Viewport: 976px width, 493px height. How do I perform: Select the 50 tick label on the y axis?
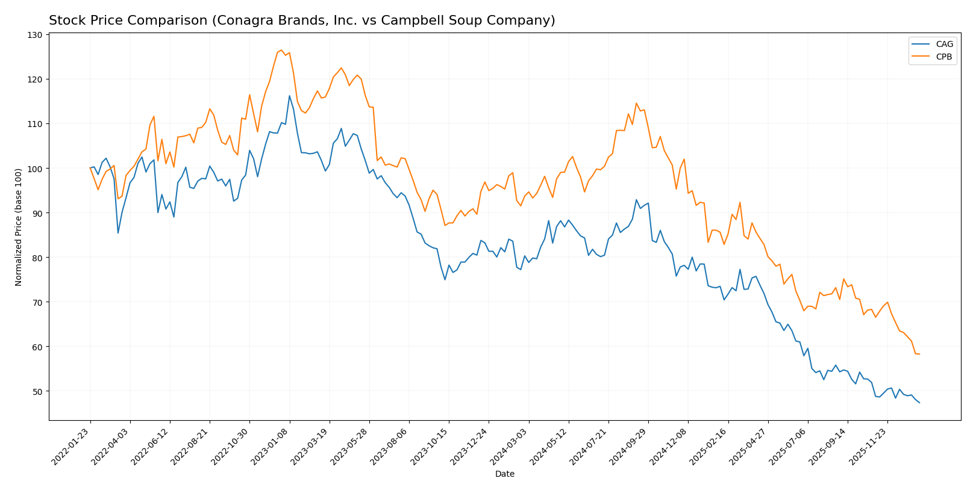[37, 391]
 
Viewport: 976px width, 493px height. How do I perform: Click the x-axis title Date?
[505, 474]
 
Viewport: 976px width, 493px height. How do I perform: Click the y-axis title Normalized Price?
[19, 227]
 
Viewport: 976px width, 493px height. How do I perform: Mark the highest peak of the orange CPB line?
[281, 50]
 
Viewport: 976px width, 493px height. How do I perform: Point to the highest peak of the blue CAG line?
[289, 96]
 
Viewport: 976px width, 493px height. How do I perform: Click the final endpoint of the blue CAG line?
[919, 403]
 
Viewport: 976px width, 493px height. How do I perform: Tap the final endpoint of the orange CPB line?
[919, 354]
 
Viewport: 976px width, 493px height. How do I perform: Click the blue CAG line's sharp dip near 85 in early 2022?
[118, 233]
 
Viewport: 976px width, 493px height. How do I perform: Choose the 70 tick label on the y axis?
[37, 302]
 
